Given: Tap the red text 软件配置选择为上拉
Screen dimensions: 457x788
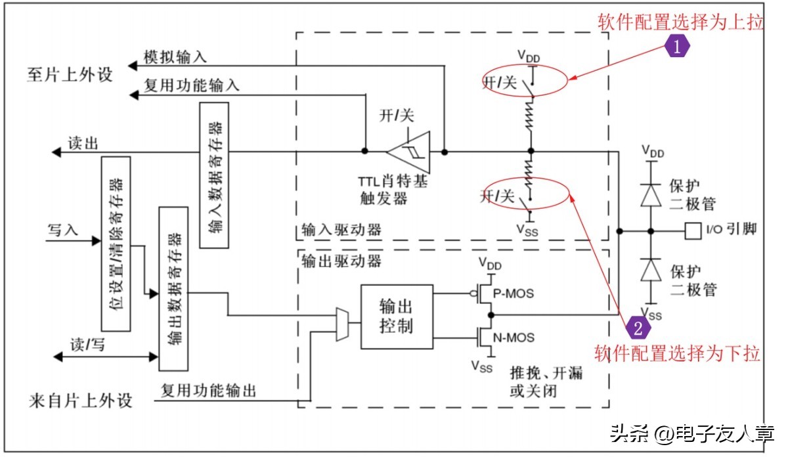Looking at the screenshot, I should point(680,22).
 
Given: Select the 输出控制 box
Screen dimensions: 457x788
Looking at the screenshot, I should point(396,316).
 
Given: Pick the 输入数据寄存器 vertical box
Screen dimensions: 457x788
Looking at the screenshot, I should point(214,175).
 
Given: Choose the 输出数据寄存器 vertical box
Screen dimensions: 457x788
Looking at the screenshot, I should point(173,288).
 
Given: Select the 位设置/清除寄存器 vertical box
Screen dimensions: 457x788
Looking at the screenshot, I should point(116,243).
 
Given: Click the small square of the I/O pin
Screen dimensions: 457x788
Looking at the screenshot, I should point(691,230).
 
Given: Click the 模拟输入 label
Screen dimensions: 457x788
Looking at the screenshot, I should point(175,57).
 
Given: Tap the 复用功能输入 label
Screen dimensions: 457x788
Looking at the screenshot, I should point(191,85).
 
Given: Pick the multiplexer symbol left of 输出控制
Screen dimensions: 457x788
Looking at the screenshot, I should point(342,324).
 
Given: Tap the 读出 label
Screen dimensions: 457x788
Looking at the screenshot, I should point(83,143).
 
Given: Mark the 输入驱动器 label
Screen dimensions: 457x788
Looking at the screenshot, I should point(341,231).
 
